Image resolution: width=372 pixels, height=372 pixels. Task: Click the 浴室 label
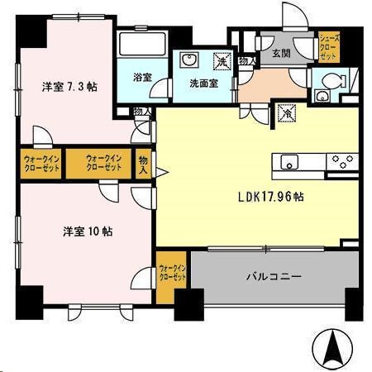pos(142,78)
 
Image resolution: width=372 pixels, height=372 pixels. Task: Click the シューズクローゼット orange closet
pos(328,47)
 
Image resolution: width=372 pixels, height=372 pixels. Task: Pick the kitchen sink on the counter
pos(289,161)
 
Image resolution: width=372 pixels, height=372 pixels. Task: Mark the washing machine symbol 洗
pos(221,60)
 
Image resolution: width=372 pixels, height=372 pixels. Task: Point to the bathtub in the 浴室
pos(141,45)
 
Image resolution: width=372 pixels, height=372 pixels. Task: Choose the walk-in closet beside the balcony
pos(172,273)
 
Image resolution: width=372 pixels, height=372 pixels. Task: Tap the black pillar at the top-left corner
pos(31,31)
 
